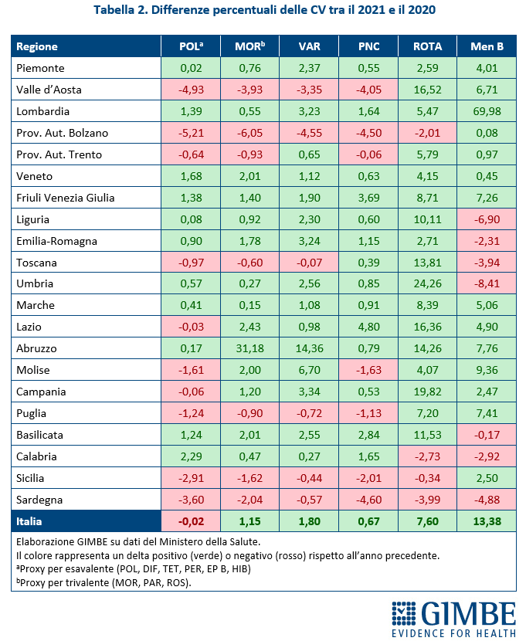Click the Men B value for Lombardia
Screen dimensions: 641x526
(x=487, y=111)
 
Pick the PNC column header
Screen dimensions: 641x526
(x=368, y=46)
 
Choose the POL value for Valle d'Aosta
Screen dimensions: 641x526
(x=190, y=90)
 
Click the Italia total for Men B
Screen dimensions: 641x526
(x=487, y=521)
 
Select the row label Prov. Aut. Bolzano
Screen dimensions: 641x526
(x=62, y=133)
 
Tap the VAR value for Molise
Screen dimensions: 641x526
(x=309, y=371)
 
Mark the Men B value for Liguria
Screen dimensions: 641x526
(x=487, y=219)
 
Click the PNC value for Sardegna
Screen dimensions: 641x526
(x=368, y=500)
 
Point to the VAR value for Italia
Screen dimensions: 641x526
(x=309, y=521)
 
